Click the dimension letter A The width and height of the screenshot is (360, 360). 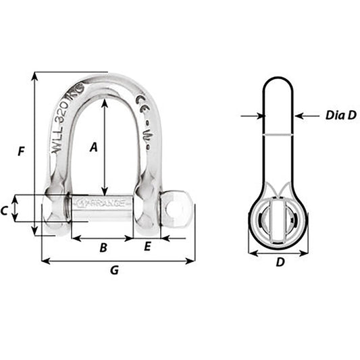94,145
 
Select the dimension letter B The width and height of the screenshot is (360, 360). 103,248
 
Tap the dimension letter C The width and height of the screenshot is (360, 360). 5,211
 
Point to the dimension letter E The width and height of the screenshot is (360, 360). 147,248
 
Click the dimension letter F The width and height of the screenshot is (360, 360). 21,152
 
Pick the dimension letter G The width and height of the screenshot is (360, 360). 114,270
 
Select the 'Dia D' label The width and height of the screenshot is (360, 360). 340,115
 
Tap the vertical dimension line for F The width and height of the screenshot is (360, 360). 32,152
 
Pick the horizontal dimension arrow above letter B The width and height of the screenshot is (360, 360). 103,238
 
